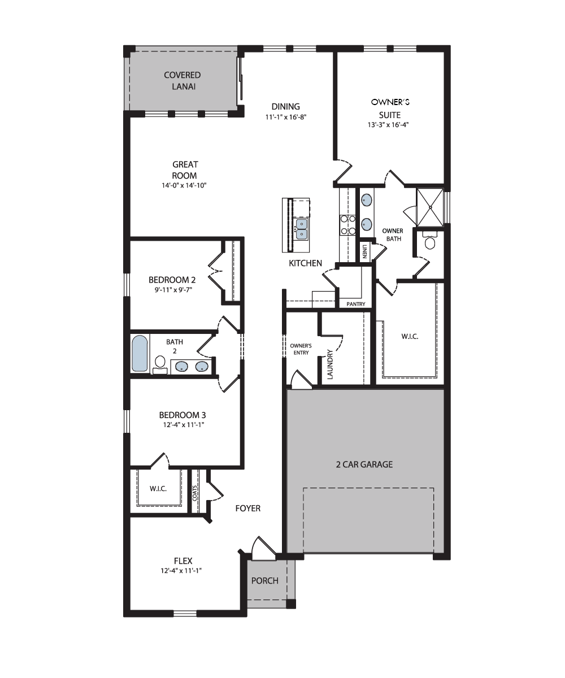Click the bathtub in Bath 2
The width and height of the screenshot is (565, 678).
click(x=140, y=353)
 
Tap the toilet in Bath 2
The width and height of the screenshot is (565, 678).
click(x=160, y=364)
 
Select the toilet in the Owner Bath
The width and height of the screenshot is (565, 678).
click(x=429, y=240)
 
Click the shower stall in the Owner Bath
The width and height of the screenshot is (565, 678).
click(x=430, y=207)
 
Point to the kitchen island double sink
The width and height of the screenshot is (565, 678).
click(x=301, y=229)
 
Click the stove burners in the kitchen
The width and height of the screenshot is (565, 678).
click(x=347, y=225)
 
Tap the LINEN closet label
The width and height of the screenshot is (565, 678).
click(x=364, y=251)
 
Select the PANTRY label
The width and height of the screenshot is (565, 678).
click(x=355, y=305)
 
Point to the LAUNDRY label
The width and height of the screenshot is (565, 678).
click(x=330, y=364)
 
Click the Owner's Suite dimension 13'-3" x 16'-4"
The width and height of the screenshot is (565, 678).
click(x=388, y=125)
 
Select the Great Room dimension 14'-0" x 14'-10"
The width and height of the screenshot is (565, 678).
click(x=184, y=185)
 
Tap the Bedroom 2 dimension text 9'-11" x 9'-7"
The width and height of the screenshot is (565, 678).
click(x=173, y=290)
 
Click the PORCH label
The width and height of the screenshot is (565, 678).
click(x=264, y=581)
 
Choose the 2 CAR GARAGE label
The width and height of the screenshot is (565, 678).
click(x=364, y=464)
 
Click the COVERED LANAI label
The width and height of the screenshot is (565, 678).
click(x=182, y=81)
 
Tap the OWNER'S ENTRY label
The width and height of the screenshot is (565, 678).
click(x=301, y=349)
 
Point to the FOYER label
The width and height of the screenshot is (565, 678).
click(x=248, y=508)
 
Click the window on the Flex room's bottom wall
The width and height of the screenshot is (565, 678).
click(x=185, y=614)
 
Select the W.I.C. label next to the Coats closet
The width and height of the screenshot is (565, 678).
click(x=158, y=489)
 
